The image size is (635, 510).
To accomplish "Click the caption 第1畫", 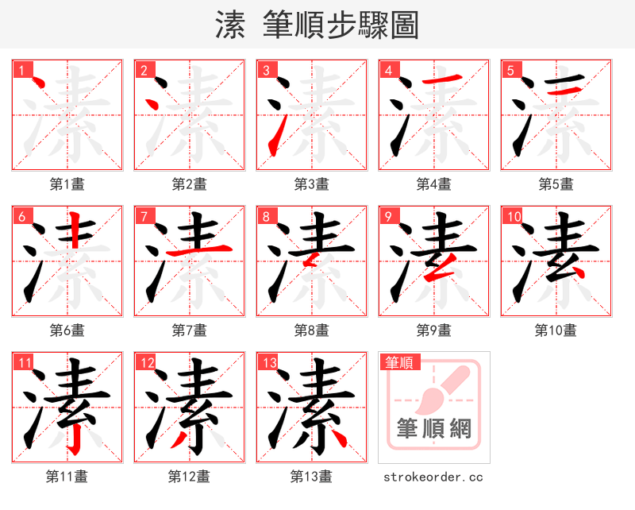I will pos(67,184).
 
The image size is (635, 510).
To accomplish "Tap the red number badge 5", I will pos(510,70).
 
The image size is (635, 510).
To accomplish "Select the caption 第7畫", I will pos(190,330).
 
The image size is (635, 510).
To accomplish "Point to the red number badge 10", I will pos(512,216).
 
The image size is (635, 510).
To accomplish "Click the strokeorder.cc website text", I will pos(433,477).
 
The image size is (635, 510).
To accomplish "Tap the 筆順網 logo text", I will pos(433,429).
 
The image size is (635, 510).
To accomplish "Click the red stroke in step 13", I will pos(338,437).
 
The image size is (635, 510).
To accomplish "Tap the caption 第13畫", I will pos(311,477).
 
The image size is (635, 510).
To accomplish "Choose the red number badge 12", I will pos(145,363).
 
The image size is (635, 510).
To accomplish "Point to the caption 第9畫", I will pos(434,330).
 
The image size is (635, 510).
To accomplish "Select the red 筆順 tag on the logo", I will pos(398,363).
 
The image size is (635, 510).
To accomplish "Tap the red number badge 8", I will pos(266,216).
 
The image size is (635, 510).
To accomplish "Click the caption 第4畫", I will pos(434,184).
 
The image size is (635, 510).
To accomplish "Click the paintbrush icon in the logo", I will pos(441,389).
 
